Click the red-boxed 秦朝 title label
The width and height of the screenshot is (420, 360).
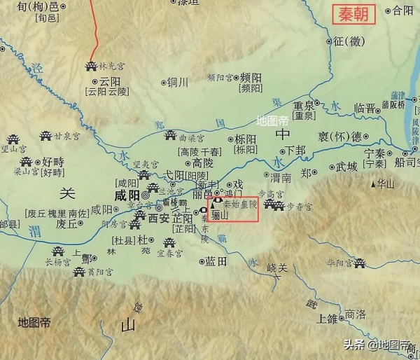click(353, 14)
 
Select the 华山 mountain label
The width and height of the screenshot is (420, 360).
click(387, 184)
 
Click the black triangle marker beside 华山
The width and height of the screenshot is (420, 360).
click(373, 184)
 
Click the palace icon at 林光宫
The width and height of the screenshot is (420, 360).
click(90, 66)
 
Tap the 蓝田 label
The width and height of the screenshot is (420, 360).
click(216, 261)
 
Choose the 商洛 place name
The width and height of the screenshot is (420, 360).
click(356, 314)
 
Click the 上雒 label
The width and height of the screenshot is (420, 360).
click(327, 319)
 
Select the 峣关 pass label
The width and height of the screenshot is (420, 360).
click(277, 268)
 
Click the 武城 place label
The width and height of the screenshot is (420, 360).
click(346, 167)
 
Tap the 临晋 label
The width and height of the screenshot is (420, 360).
click(365, 108)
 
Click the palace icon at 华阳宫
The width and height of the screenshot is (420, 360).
click(360, 263)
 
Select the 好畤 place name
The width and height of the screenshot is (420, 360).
click(52, 162)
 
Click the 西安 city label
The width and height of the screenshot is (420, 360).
click(159, 219)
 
